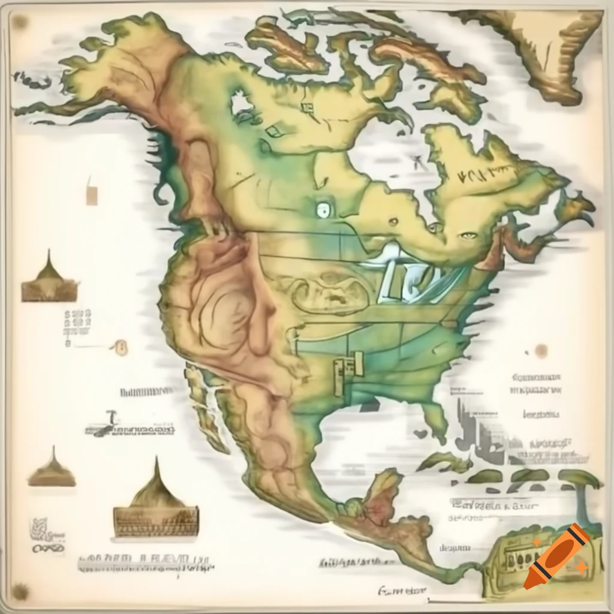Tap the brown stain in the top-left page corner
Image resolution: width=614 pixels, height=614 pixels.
pyautogui.click(x=19, y=22)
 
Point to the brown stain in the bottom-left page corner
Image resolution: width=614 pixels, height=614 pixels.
pyautogui.click(x=20, y=591)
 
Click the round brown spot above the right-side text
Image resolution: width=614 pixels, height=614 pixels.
pyautogui.click(x=541, y=351)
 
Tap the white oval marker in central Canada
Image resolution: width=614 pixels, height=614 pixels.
pyautogui.click(x=323, y=210)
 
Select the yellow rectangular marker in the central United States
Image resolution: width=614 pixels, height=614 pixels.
pyautogui.click(x=348, y=370)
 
